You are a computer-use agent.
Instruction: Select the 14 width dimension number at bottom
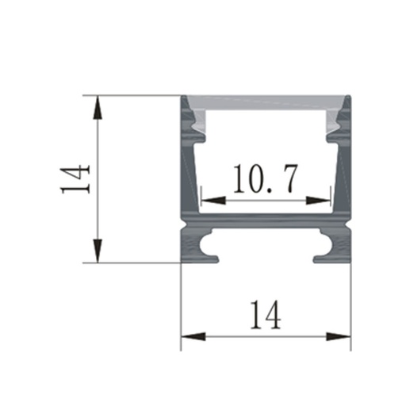pyautogui.click(x=265, y=316)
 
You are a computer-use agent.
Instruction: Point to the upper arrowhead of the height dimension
pyautogui.click(x=97, y=103)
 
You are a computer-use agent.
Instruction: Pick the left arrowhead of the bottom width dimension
pyautogui.click(x=189, y=338)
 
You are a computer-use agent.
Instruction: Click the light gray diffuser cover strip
pyautogui.click(x=265, y=104)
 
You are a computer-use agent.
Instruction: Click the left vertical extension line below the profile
pyautogui.click(x=181, y=301)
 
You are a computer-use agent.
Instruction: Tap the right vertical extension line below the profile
pyautogui.click(x=350, y=301)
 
